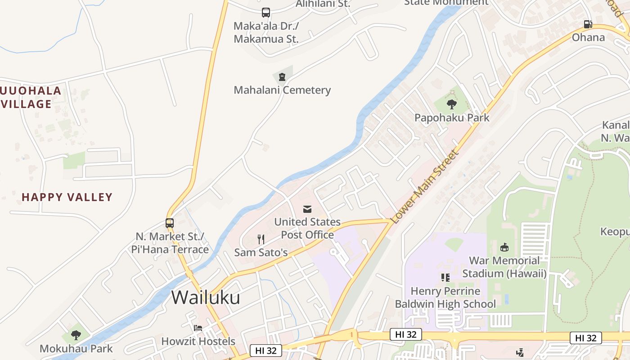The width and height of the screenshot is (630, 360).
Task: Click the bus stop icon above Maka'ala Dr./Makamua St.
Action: pyautogui.click(x=266, y=13)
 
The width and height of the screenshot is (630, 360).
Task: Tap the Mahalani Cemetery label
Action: pyautogui.click(x=282, y=90)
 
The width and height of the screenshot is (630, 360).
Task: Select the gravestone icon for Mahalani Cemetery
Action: pyautogui.click(x=282, y=77)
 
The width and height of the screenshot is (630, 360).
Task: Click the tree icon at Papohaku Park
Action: pyautogui.click(x=452, y=105)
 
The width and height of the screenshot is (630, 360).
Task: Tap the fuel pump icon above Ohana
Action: pyautogui.click(x=588, y=24)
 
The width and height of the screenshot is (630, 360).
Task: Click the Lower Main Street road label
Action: pyautogui.click(x=425, y=187)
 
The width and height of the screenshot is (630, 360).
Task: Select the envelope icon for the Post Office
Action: pyautogui.click(x=307, y=209)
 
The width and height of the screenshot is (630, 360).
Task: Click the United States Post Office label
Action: pyautogui.click(x=307, y=228)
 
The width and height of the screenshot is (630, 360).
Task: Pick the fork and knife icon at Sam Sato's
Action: pyautogui.click(x=261, y=239)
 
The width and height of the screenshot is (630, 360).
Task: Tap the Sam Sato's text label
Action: pyautogui.click(x=261, y=252)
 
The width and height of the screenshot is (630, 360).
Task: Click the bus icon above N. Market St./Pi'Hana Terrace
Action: pyautogui.click(x=170, y=223)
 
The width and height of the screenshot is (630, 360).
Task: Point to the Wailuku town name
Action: pyautogui.click(x=206, y=297)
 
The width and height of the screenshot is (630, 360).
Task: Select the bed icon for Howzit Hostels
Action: pyautogui.click(x=198, y=328)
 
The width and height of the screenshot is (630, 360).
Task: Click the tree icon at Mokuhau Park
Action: pyautogui.click(x=76, y=335)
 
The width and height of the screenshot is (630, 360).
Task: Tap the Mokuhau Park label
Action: pyautogui.click(x=76, y=348)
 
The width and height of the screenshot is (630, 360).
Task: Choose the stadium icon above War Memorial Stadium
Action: pyautogui.click(x=504, y=247)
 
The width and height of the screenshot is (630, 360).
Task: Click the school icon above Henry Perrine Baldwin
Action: pyautogui.click(x=445, y=278)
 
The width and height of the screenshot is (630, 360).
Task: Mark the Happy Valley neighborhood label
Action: pyautogui.click(x=67, y=197)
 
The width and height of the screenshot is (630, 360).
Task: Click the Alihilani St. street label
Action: pyautogui.click(x=323, y=4)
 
